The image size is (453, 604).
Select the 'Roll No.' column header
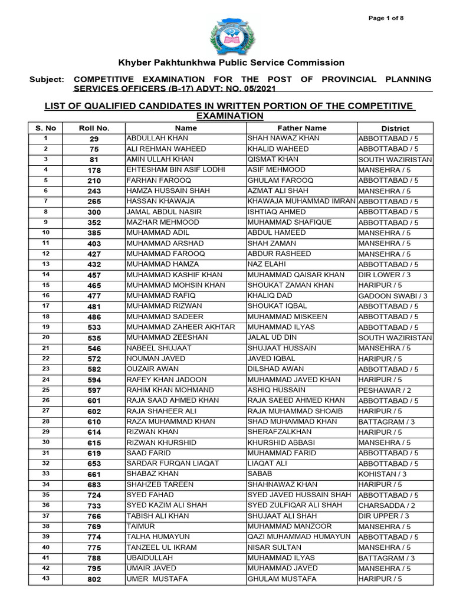pos(94,128)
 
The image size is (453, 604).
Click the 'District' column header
pos(395,128)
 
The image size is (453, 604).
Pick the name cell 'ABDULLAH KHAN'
pos(152,139)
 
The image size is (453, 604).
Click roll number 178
pos(94,170)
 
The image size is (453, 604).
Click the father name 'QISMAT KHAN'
pos(273,160)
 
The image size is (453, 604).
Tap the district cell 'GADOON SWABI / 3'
pos(392,296)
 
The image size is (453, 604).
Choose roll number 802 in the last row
pos(94,580)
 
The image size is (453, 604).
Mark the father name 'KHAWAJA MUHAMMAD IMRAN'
pos(301,202)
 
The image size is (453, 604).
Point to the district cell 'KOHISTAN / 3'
pos(382,474)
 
